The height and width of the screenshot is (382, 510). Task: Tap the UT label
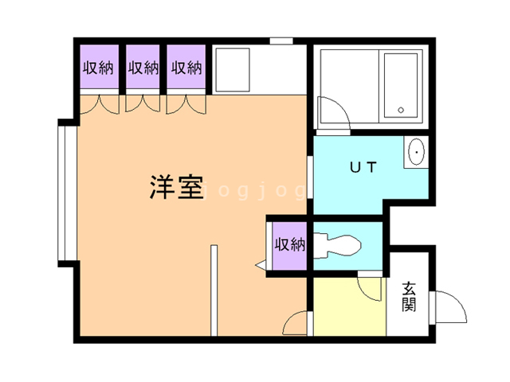pos(363,167)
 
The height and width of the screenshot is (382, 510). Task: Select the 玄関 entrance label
pos(409,296)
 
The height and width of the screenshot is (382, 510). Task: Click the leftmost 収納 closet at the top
pos(98,68)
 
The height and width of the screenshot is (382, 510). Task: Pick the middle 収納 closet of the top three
pos(143,68)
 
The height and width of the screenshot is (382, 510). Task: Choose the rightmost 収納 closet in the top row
pos(187,68)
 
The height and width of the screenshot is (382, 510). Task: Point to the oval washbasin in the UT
pos(416,153)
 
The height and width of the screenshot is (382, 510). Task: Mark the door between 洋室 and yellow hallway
pos(297,322)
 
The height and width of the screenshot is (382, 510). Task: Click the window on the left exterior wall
pos(63,191)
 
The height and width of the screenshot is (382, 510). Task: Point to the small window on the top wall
pos(280,40)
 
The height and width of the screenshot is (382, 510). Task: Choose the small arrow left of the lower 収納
pos(261,265)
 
